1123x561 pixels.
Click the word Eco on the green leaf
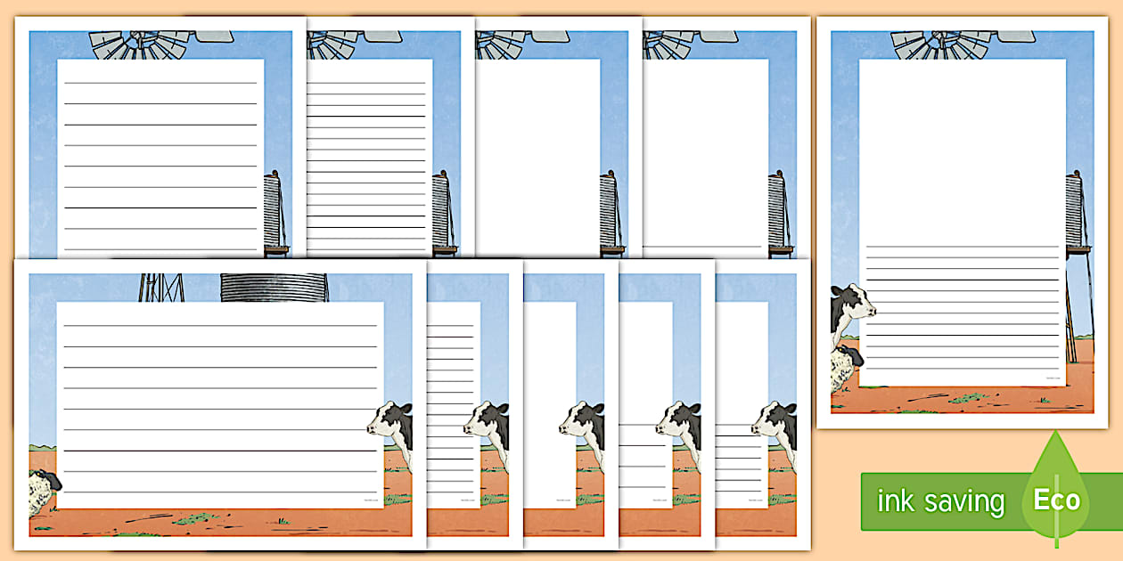tap(1056, 500)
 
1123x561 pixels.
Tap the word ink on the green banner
tap(895, 501)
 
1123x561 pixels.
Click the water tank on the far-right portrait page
tap(1075, 209)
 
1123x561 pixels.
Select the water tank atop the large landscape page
tap(274, 287)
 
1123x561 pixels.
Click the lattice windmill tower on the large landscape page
tap(160, 287)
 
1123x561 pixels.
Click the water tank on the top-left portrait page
tap(273, 209)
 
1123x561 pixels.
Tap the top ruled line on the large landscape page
tap(219, 325)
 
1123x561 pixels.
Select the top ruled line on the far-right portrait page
tap(963, 247)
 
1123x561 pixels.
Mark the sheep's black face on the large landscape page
tap(53, 482)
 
